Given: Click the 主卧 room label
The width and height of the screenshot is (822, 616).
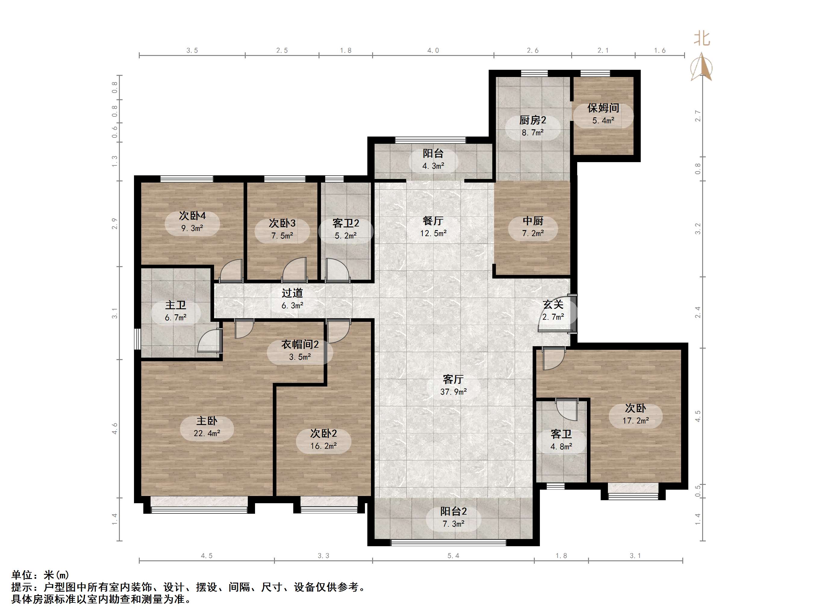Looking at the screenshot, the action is coord(207,421).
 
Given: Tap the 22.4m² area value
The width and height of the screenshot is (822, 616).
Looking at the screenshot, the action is coord(207,433).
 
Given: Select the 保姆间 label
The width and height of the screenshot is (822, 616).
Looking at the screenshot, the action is coord(603,108).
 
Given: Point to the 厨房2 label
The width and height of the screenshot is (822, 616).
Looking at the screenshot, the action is coord(533,120).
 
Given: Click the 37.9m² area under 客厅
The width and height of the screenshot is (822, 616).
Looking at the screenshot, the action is coord(453,392).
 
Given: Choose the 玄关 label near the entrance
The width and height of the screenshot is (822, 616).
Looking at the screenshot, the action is coord(553,304).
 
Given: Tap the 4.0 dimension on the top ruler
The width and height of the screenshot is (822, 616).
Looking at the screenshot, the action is coord(433,51).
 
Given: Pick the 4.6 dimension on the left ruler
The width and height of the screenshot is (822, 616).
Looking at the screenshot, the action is coord(114,429).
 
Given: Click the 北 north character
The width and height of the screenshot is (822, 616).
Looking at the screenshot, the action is coord(702,38).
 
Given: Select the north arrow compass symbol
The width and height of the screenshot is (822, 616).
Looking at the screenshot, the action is coord(701,66).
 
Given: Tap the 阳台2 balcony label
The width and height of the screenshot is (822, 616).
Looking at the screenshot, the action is coord(453,511).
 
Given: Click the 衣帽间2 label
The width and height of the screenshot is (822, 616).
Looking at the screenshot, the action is coord(300,345).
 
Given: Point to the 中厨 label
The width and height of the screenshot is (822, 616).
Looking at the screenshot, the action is coord(533,221).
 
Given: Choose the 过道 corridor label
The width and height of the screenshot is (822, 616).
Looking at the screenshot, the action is coord(292,293).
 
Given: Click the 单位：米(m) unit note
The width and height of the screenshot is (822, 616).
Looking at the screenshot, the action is coord(40,575).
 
